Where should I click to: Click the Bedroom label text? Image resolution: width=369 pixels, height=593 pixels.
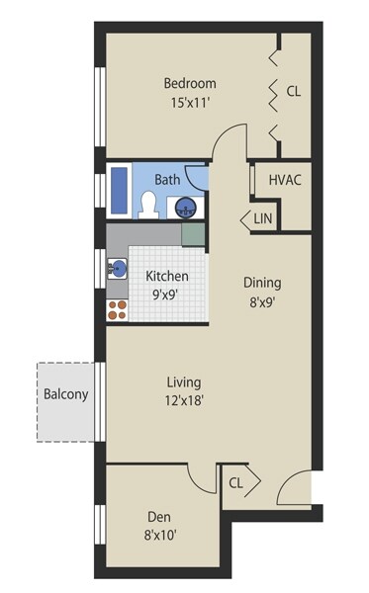coord(190,84)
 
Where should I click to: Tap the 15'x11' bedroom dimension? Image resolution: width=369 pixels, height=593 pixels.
coord(190,102)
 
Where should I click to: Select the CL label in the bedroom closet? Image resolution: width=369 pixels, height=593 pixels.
coord(293,91)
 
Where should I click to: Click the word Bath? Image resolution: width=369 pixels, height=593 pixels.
coord(167,179)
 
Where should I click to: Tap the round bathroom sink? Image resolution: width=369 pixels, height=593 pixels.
coord(185,208)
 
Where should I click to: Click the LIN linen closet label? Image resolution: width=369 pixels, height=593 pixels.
coord(262,218)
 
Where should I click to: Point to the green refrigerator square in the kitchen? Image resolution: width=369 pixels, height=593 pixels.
coord(194,234)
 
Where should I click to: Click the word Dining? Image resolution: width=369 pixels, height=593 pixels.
coord(262,282)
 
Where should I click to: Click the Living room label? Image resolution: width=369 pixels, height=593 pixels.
coord(184,381)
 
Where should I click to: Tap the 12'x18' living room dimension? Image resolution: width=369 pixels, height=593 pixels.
coord(184,400)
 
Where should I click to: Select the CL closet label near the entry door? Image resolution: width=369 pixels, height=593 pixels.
coord(236,483)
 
